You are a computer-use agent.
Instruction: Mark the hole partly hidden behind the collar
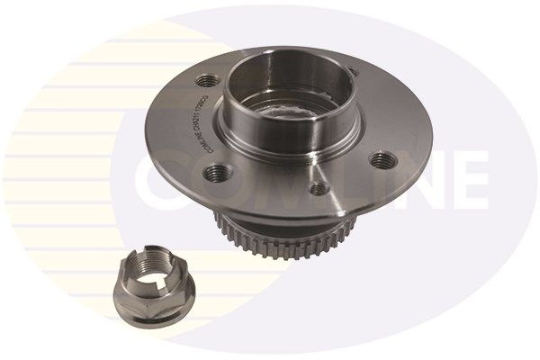[354, 69]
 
